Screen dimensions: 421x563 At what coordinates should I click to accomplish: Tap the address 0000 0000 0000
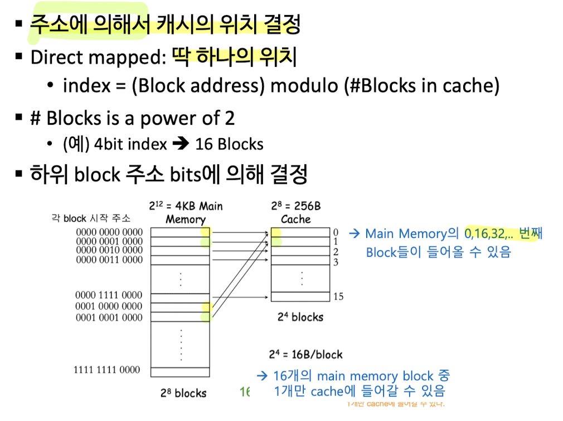pos(109,232)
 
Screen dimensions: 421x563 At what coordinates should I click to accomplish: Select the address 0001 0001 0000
pos(109,317)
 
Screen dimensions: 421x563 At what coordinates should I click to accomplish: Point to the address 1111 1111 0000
pos(107,369)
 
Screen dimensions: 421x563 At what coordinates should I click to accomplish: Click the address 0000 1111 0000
pos(109,295)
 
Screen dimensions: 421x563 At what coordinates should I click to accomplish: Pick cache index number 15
pos(338,297)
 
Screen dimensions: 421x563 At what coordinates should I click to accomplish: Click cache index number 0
pos(336,232)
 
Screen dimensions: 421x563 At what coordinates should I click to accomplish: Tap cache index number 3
pos(336,261)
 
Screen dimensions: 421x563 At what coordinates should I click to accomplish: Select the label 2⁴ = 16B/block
pos(305,354)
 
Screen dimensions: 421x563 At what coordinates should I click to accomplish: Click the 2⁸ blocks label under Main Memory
pos(183,393)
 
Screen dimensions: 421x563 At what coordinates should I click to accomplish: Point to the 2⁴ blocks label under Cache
pos(300,317)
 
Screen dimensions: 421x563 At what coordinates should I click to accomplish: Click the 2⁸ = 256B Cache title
pos(296,212)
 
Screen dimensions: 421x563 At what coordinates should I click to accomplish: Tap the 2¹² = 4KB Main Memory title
pos(186,212)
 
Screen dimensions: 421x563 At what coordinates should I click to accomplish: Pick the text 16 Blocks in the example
pos(229,144)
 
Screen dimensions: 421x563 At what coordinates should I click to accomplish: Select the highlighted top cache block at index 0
pos(276,232)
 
